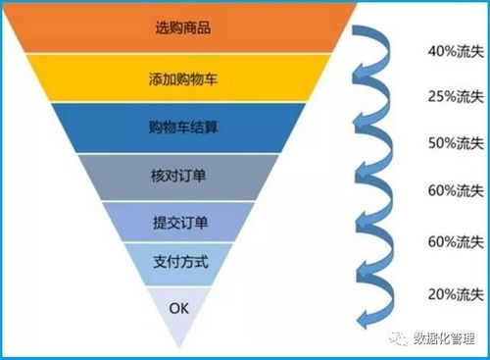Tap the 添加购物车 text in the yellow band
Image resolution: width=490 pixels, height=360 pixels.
(184, 77)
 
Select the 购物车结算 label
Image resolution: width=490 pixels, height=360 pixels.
(182, 128)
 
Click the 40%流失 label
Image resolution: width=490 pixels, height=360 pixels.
(458, 50)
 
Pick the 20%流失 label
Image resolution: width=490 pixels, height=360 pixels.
(458, 293)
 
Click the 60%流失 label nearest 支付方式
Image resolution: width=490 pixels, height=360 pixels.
(458, 242)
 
